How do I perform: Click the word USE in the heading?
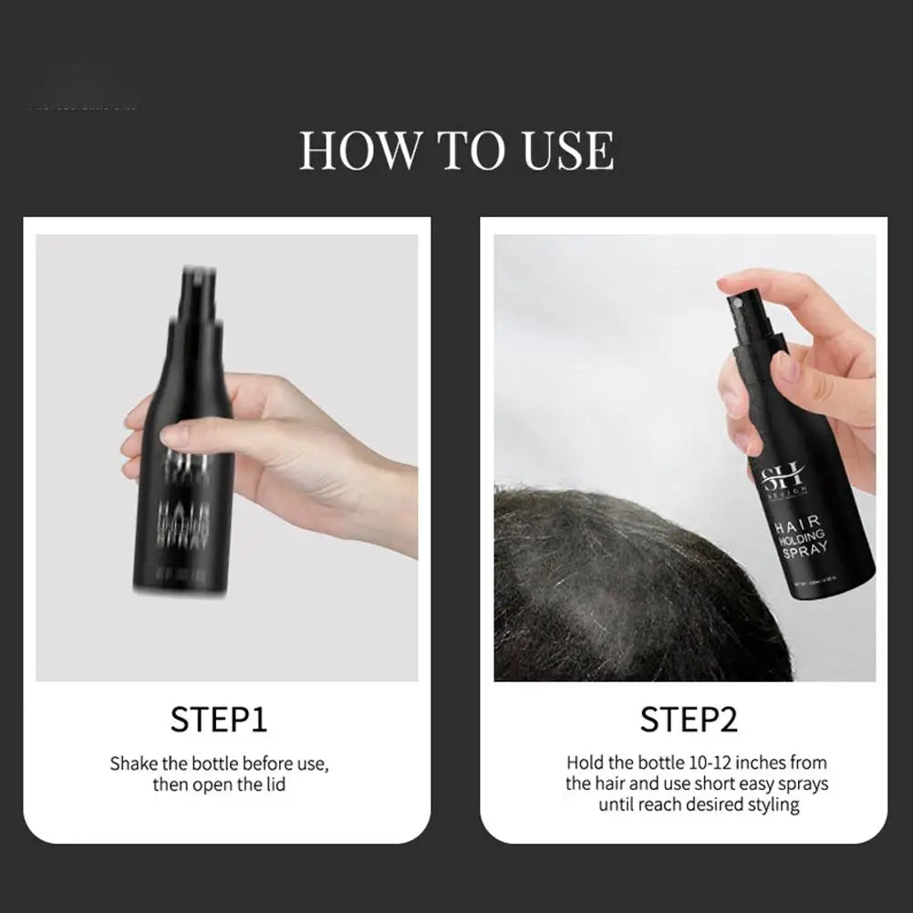[x=567, y=150]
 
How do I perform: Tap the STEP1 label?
[x=219, y=720]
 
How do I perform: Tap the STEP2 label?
[x=688, y=720]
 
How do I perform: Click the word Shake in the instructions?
[x=133, y=763]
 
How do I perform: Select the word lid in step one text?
[x=274, y=784]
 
